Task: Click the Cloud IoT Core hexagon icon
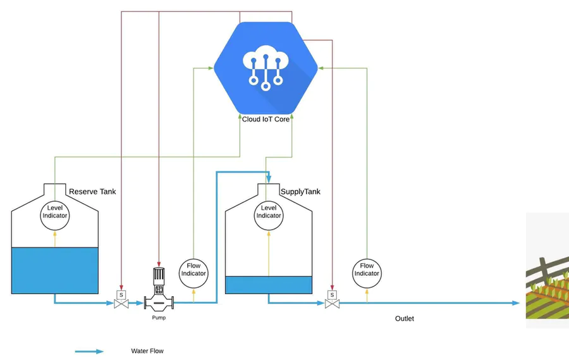click(x=266, y=67)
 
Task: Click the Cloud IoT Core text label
click(x=266, y=119)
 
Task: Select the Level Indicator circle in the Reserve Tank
click(x=55, y=212)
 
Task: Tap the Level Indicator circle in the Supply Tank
click(x=269, y=212)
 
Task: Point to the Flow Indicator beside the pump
click(x=193, y=270)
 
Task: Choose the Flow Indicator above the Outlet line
click(x=367, y=270)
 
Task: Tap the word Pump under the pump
click(x=159, y=318)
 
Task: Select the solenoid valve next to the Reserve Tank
click(x=120, y=301)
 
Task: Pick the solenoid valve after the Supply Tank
click(x=331, y=301)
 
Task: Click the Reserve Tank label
click(x=92, y=192)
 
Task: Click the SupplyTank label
click(x=300, y=192)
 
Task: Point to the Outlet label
click(x=405, y=318)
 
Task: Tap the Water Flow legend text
click(x=147, y=351)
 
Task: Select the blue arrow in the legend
click(x=89, y=351)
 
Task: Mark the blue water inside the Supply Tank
click(x=269, y=285)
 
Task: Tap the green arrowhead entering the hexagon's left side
click(x=212, y=67)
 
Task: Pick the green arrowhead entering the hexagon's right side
click(x=320, y=67)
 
